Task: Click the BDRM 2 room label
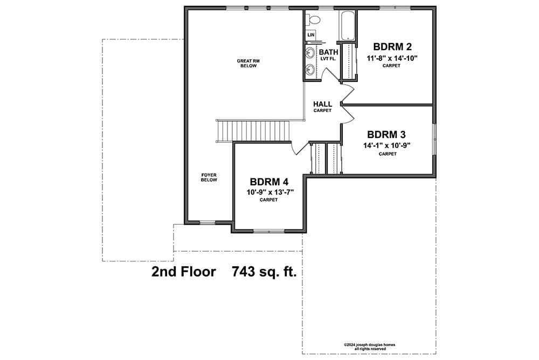coord(392,46)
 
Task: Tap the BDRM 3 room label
coord(386,134)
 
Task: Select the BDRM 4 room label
coord(269,182)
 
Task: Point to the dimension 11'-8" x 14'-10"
coord(392,58)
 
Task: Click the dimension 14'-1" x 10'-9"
coord(387,146)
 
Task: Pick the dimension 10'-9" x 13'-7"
coord(270,192)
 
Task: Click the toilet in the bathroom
coord(313,19)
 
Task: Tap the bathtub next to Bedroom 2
coord(348,25)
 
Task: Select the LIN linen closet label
coord(311,34)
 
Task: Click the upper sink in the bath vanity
coord(310,53)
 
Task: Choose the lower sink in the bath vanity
coord(310,70)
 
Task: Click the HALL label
coord(322,104)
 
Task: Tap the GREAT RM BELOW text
coord(248,63)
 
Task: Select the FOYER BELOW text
coord(209,177)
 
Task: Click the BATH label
coord(329,52)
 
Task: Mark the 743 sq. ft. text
coord(264,272)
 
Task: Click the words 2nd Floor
coord(184,272)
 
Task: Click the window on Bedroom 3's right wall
coord(434,139)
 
